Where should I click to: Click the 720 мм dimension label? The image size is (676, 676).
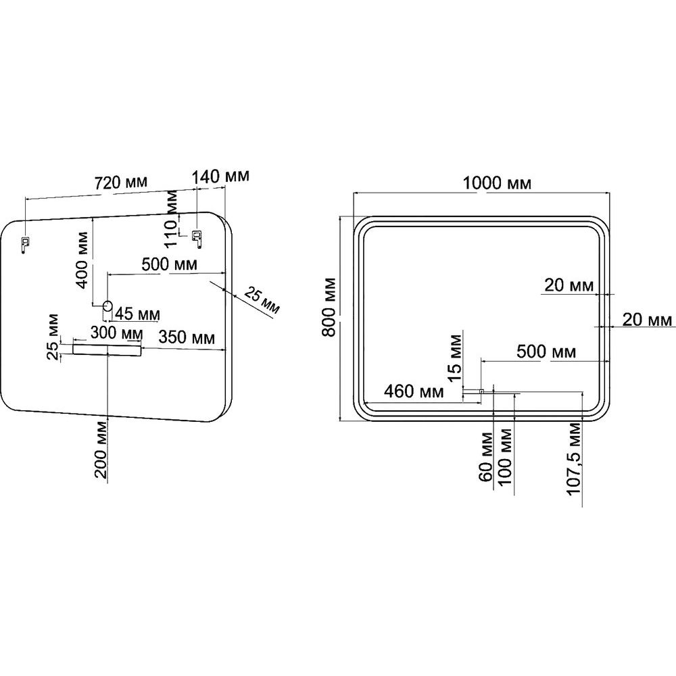tap(121, 183)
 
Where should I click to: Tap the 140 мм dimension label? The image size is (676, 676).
tap(220, 176)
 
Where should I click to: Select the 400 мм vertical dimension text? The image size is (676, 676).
tap(82, 260)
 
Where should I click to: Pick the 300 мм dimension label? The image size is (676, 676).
tap(116, 333)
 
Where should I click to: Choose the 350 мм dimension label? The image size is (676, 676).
tap(187, 337)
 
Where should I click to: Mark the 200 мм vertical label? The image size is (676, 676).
tap(101, 450)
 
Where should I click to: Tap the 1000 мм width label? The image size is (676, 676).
tap(497, 183)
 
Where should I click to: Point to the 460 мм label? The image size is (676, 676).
tap(414, 391)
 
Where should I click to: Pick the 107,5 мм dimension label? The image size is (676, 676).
tap(574, 459)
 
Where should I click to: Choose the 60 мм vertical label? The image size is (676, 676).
tap(486, 457)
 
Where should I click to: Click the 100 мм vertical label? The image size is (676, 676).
tap(504, 457)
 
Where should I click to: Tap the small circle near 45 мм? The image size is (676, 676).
tap(107, 306)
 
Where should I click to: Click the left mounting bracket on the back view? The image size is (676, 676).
tap(25, 245)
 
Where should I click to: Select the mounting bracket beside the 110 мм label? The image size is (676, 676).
tap(197, 239)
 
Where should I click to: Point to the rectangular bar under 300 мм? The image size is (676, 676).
tap(107, 349)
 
